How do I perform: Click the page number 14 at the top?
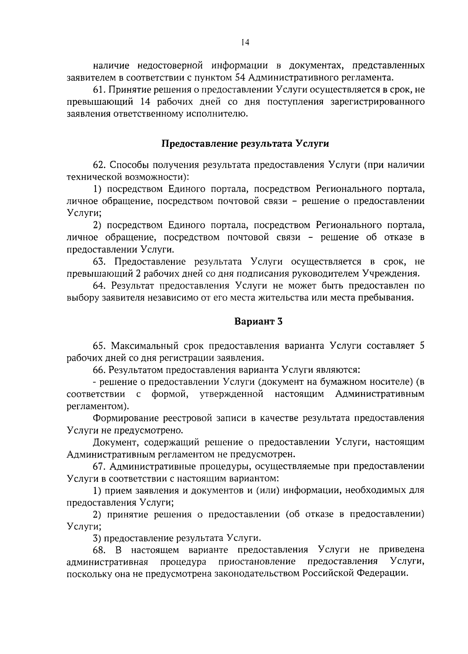(245, 43)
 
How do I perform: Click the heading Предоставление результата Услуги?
(245, 144)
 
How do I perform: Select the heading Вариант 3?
(258, 322)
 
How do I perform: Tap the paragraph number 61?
(99, 90)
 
